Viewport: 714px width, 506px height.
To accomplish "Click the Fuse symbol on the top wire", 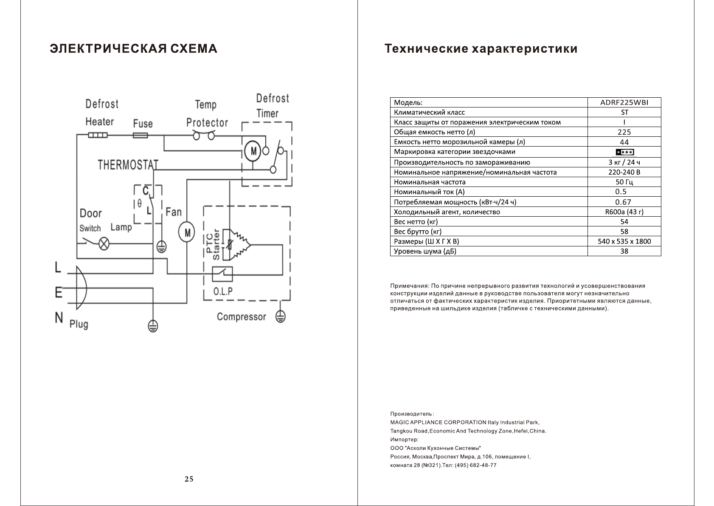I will coord(141,136).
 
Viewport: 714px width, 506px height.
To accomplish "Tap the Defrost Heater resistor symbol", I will coord(98,136).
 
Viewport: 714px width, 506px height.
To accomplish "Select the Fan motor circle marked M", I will coord(186,232).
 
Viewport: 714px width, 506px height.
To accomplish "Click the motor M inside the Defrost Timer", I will coord(253,151).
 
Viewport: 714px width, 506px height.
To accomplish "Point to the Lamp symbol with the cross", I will coord(104,244).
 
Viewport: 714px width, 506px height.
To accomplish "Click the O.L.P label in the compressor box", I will coord(223,291).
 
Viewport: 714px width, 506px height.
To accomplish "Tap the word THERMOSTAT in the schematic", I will coord(128,165).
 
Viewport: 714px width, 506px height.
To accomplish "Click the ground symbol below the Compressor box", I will coord(280,316).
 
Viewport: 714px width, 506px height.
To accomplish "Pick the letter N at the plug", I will coord(59,317).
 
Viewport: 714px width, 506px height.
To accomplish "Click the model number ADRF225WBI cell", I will coord(624,102).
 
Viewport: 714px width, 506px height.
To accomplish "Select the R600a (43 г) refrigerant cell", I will coord(624,212).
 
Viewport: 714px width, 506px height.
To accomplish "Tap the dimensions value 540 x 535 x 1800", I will coord(624,241).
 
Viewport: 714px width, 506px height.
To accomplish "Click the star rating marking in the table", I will coord(624,152).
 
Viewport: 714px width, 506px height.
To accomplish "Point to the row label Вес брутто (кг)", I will coord(418,232).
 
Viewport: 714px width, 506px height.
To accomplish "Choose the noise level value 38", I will coord(624,251).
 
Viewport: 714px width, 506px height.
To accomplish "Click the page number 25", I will coord(189,479).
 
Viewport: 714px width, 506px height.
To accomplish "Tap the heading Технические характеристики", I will coord(481,49).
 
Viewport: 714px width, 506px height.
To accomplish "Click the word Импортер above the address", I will coord(404,440).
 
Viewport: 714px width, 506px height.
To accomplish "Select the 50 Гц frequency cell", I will coord(624,182).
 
